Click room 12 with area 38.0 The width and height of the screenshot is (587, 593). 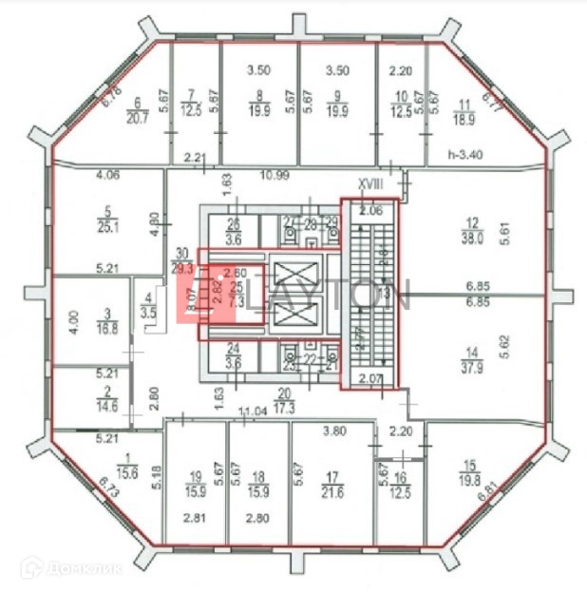point(472,233)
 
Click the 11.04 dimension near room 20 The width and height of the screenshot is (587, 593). point(251,411)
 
